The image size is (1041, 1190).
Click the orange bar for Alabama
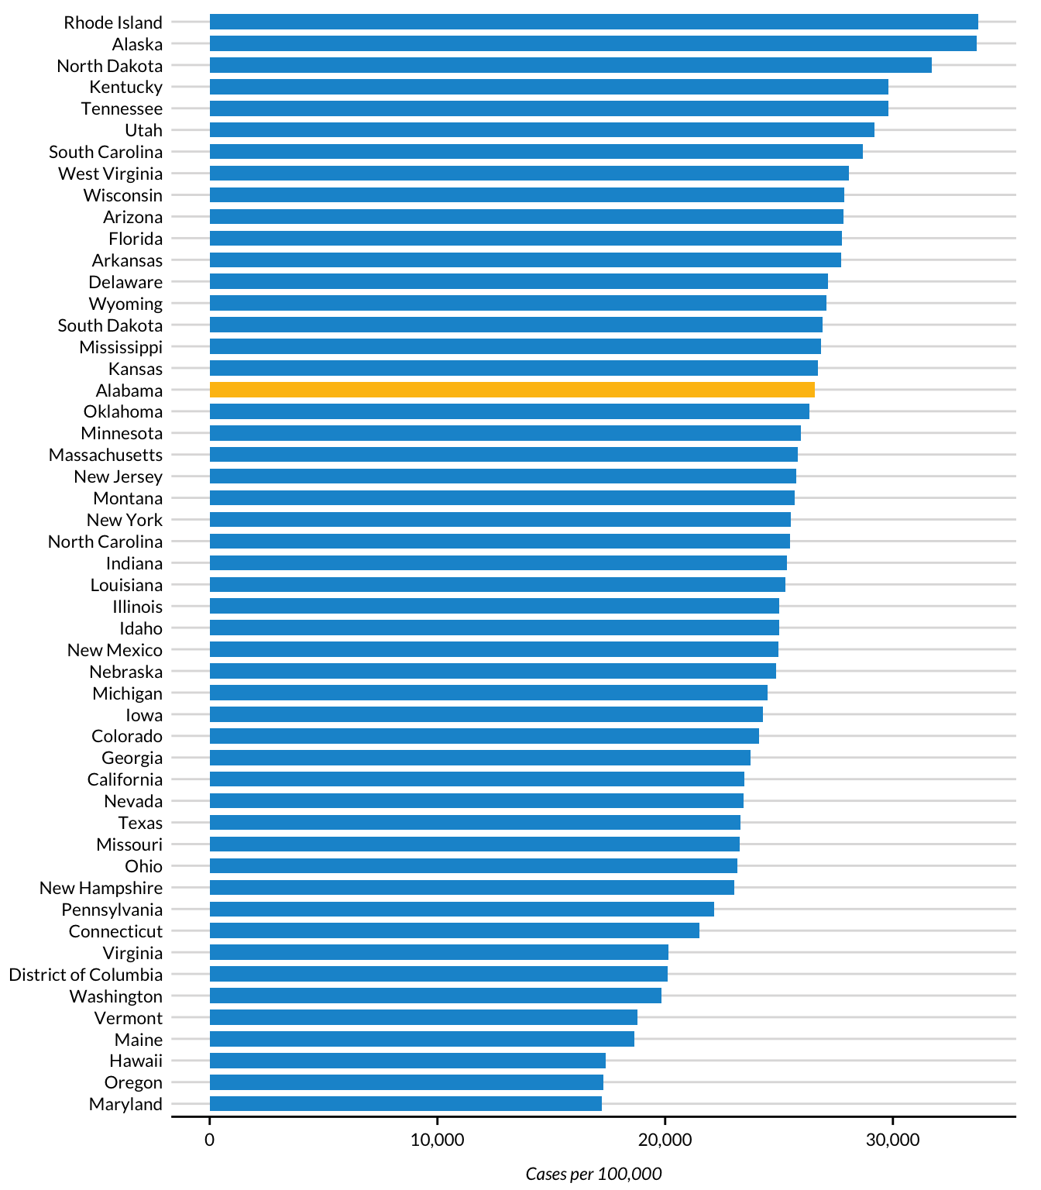(511, 390)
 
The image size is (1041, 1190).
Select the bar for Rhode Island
(593, 22)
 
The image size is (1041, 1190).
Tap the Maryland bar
(405, 1104)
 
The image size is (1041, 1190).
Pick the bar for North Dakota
(570, 65)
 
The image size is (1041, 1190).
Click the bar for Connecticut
(454, 930)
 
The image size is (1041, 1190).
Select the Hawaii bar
(407, 1061)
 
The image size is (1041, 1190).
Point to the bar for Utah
(541, 130)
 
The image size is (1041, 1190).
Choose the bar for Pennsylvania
(462, 909)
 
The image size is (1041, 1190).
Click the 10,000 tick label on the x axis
(437, 1140)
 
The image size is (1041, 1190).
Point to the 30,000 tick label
(892, 1140)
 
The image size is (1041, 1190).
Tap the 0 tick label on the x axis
(209, 1140)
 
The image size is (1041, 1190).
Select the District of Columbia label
(86, 975)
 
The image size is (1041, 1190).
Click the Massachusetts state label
(105, 455)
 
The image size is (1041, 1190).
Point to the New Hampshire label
(101, 888)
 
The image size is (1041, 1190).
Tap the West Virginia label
(110, 174)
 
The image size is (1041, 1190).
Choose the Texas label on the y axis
(140, 823)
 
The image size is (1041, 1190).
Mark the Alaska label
(137, 44)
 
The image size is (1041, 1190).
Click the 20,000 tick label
(665, 1140)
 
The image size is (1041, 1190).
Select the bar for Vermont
(423, 1017)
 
